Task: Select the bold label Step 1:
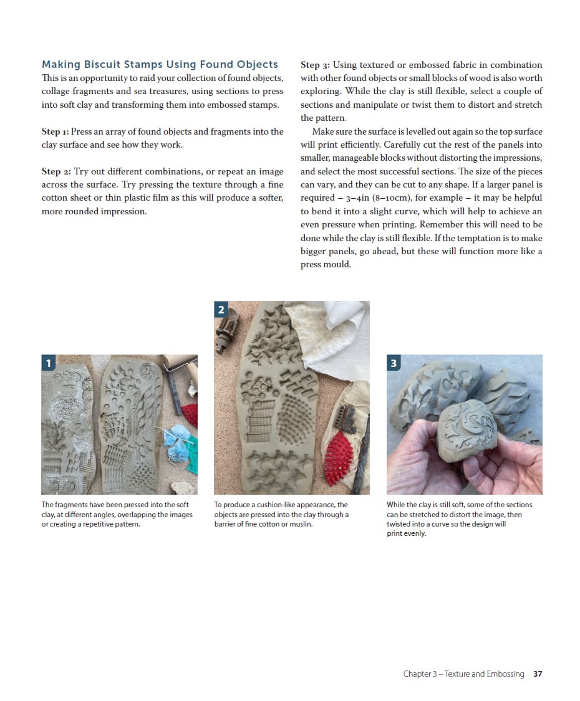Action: click(x=55, y=131)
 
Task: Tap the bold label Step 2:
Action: click(x=56, y=171)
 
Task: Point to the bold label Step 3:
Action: click(x=315, y=65)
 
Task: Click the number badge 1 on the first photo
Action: click(x=48, y=362)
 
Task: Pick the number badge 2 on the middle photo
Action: click(x=221, y=309)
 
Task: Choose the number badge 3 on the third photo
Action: click(x=394, y=363)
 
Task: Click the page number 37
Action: click(x=538, y=674)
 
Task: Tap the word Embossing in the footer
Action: click(x=504, y=674)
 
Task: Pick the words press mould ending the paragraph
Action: click(x=326, y=264)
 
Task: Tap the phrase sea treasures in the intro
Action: click(x=142, y=91)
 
